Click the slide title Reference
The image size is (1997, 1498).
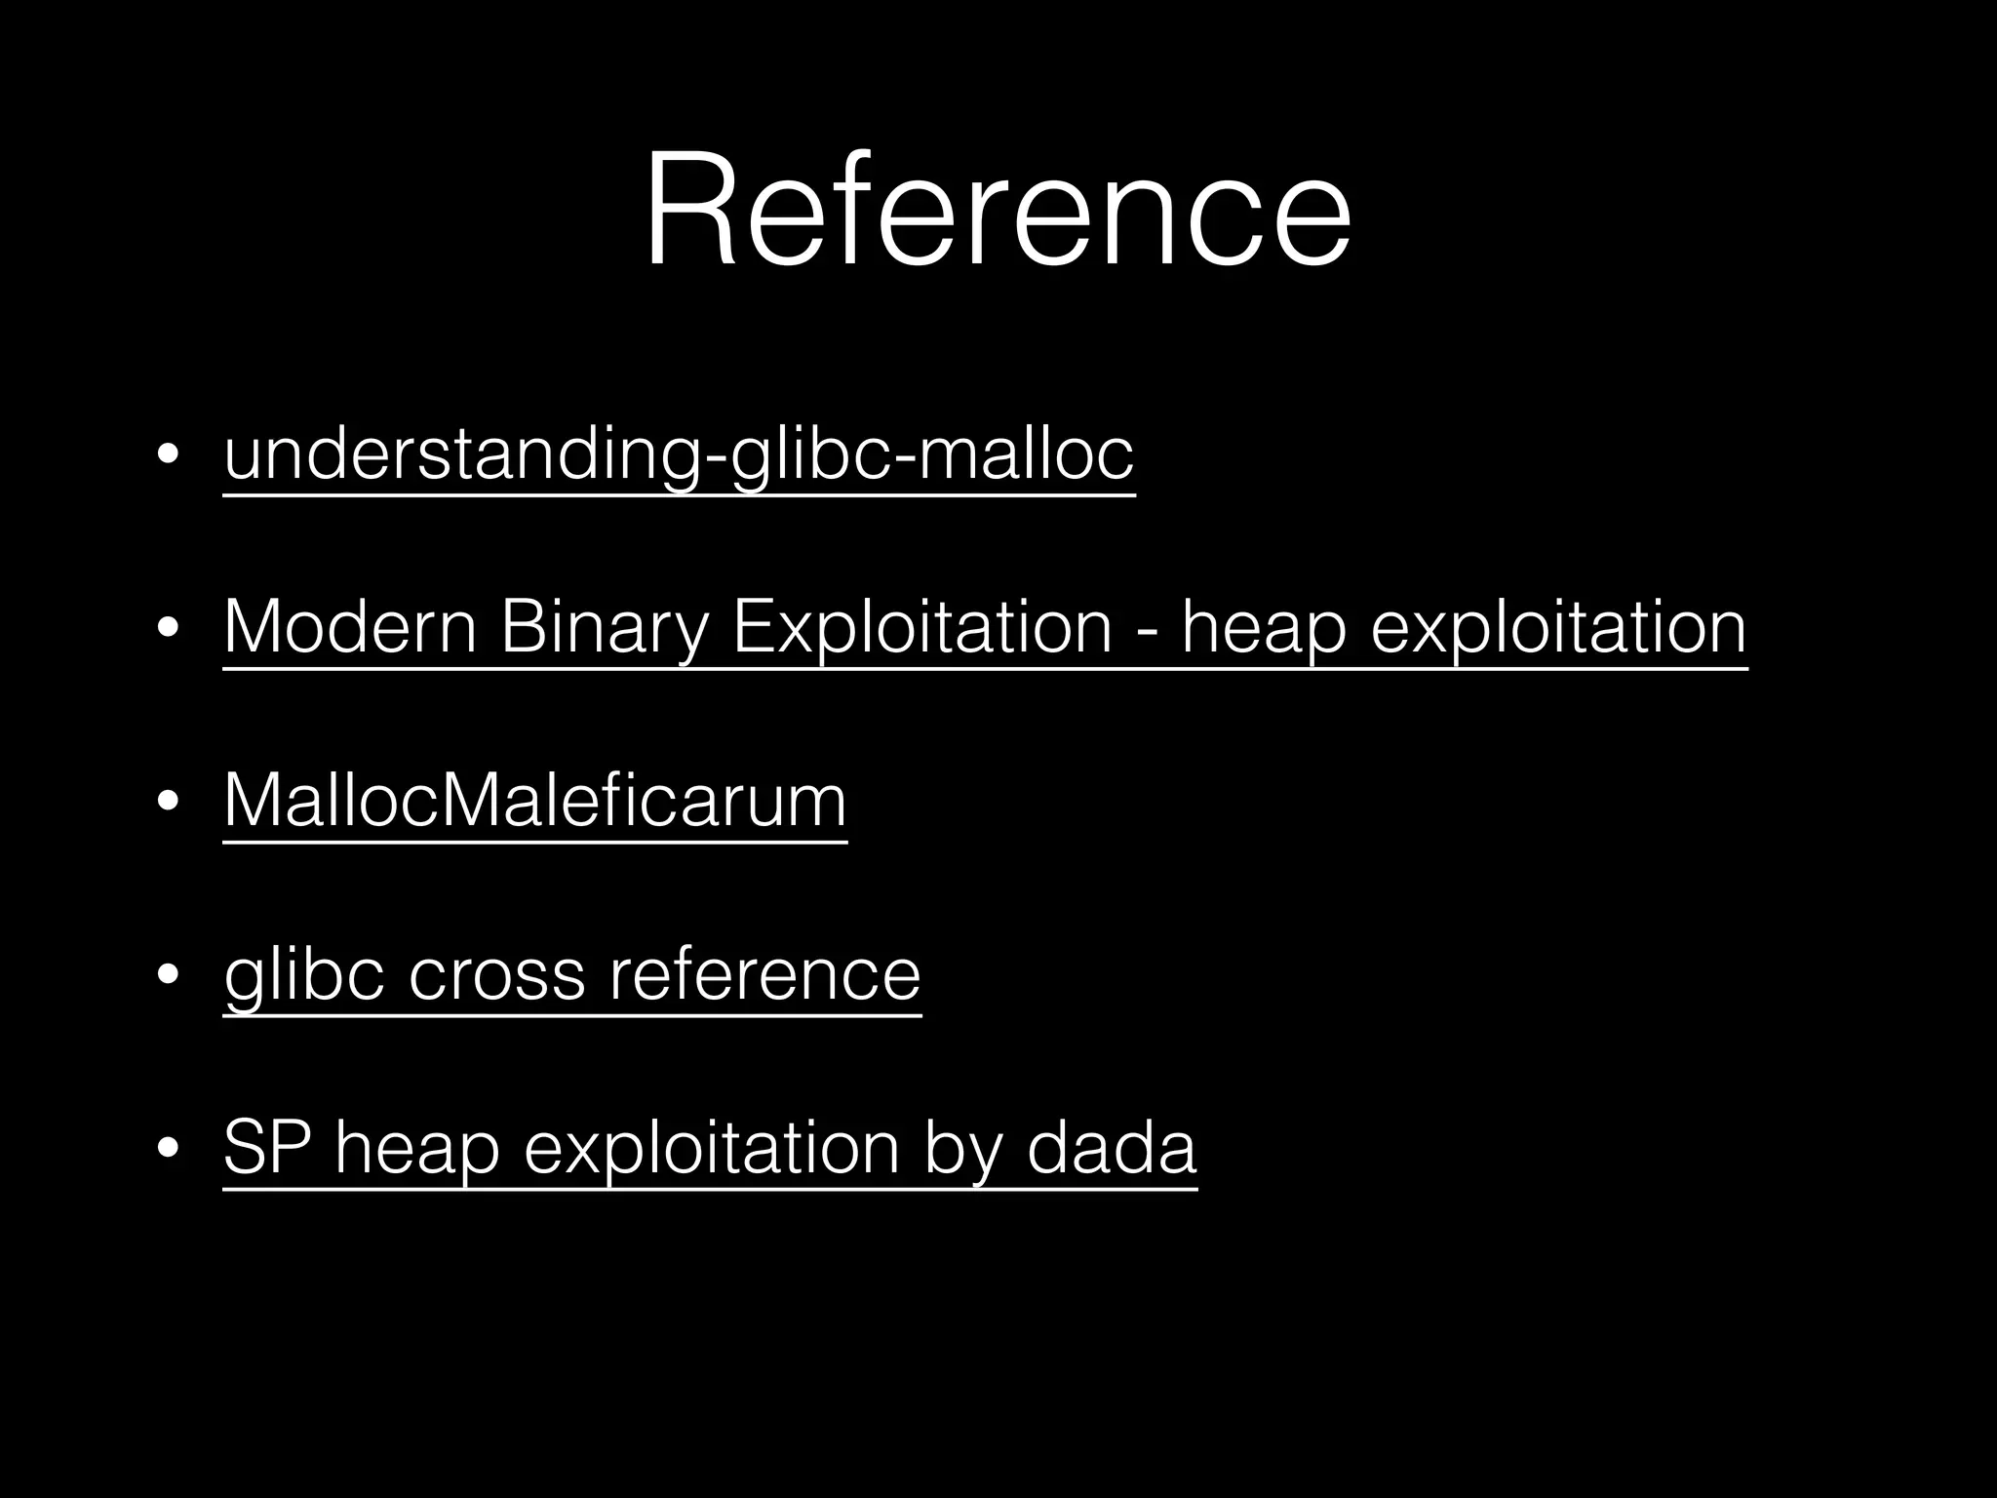997,210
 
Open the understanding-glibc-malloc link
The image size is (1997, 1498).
679,454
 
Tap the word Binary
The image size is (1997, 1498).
604,627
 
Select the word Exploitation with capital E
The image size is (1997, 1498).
921,627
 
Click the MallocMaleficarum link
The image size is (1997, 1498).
535,801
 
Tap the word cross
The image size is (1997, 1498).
496,974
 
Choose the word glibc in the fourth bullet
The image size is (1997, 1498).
303,974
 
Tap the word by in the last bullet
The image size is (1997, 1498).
962,1148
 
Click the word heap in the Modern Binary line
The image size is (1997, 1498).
1264,627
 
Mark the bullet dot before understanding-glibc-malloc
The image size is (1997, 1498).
168,455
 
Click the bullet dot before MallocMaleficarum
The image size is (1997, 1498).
168,802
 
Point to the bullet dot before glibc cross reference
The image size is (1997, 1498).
168,975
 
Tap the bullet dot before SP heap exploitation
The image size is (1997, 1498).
168,1149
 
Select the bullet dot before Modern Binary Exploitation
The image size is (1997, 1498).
168,629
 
